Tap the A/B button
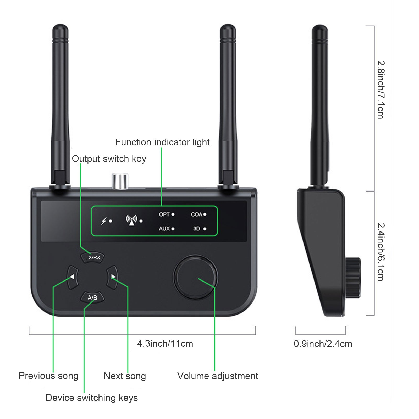pos(92,298)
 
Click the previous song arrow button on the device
pos(73,277)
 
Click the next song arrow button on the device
pos(113,277)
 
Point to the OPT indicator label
pos(164,214)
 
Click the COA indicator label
pos(196,214)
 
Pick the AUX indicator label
pos(164,229)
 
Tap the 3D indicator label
pos(197,229)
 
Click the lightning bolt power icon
pos(104,221)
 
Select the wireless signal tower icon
pos(131,220)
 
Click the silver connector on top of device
pos(120,181)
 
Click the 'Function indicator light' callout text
pos(162,142)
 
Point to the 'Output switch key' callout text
pos(109,159)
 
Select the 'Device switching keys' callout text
pos(92,398)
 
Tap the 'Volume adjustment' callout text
pos(218,376)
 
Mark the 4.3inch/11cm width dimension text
pos(165,344)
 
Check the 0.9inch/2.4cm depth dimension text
pos(323,344)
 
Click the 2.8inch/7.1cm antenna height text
pos(381,90)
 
